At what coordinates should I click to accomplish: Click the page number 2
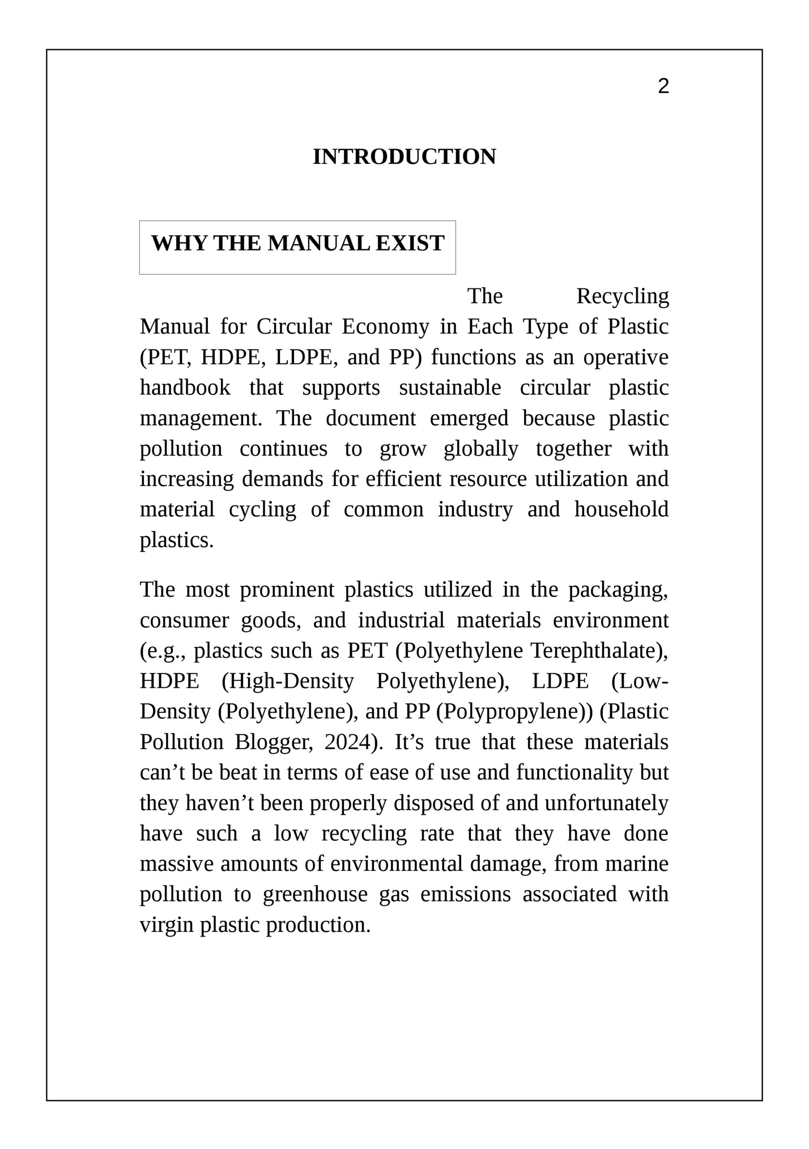point(663,87)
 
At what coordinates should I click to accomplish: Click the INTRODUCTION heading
point(404,157)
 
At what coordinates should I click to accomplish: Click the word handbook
point(185,388)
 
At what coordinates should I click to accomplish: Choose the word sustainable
point(450,388)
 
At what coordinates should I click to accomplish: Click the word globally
point(480,449)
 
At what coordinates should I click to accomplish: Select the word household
point(621,510)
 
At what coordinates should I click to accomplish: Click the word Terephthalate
point(595,651)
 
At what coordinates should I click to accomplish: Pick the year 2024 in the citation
point(346,743)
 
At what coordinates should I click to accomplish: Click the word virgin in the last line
point(166,926)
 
